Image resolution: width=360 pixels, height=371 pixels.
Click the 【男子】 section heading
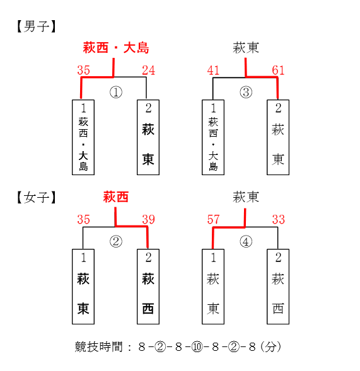pyautogui.click(x=36, y=26)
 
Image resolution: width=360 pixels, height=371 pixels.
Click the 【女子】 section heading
pyautogui.click(x=36, y=197)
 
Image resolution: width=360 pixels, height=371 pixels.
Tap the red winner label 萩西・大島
pyautogui.click(x=116, y=48)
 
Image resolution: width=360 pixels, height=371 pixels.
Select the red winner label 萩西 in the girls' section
pyautogui.click(x=116, y=197)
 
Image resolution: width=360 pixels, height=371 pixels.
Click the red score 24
pyautogui.click(x=149, y=71)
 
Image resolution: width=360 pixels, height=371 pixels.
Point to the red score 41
pyautogui.click(x=213, y=71)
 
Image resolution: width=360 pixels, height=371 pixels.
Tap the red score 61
pyautogui.click(x=278, y=71)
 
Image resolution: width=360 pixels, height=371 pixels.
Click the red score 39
pyautogui.click(x=149, y=219)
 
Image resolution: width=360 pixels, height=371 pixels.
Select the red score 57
pyautogui.click(x=213, y=219)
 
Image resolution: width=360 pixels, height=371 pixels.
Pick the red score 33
pyautogui.click(x=278, y=219)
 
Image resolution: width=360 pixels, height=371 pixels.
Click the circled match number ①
pyautogui.click(x=116, y=92)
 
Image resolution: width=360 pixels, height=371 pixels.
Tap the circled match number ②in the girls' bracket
pyautogui.click(x=116, y=242)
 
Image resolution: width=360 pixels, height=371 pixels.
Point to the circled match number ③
pyautogui.click(x=246, y=92)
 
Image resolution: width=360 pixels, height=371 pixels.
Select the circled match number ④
pyautogui.click(x=246, y=242)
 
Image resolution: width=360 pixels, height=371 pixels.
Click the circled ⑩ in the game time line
pyautogui.click(x=197, y=347)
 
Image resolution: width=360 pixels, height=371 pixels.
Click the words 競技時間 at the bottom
pyautogui.click(x=98, y=347)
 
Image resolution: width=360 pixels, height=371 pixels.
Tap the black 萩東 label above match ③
pyautogui.click(x=246, y=48)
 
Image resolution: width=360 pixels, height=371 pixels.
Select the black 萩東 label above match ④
pyautogui.click(x=246, y=197)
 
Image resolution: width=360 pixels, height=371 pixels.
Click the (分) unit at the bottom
pyautogui.click(x=270, y=347)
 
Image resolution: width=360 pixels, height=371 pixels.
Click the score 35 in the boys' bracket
pyautogui.click(x=84, y=71)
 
